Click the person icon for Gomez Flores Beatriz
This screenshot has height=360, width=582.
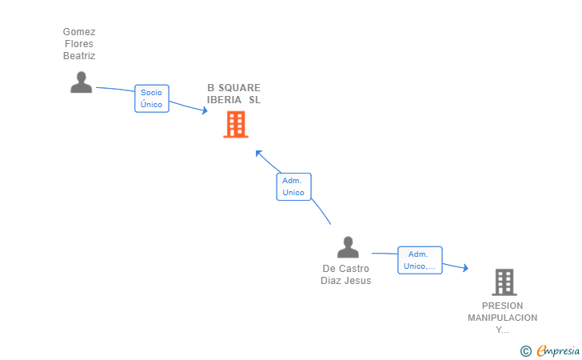coord(81,82)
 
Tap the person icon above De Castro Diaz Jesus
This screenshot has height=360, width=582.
coord(348,247)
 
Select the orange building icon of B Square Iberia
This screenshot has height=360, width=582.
coord(235,125)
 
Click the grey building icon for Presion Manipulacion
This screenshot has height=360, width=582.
coord(504,282)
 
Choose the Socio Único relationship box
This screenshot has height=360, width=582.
coord(151,98)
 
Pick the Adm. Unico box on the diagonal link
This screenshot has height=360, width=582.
coord(293,186)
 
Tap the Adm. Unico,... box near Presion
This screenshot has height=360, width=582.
coord(420,260)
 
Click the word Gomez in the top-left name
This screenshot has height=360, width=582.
coord(79,32)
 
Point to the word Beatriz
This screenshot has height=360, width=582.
coord(79,56)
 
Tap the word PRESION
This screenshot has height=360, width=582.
coord(503,306)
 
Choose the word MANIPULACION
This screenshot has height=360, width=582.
coord(503,318)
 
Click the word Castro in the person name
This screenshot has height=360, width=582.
coord(354,269)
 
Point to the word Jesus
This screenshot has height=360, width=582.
coord(358,281)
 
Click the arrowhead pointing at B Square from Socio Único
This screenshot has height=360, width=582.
coord(204,111)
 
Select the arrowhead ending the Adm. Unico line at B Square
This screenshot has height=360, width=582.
coord(258,153)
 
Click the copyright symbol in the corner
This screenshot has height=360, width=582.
coord(525,350)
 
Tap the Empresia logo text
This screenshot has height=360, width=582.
coord(558,350)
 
